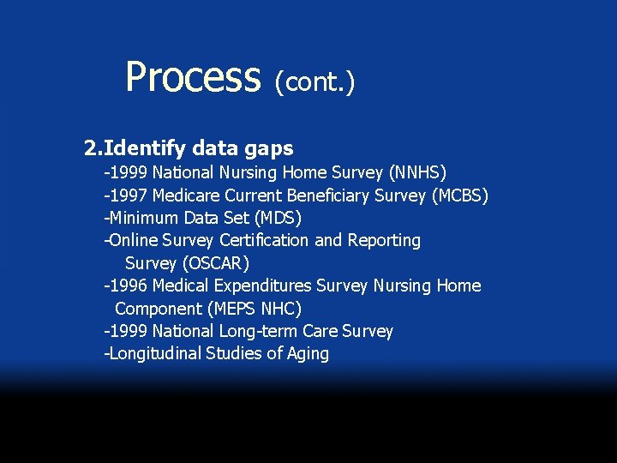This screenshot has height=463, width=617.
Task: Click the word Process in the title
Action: (192, 77)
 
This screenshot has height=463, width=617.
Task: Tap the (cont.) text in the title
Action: (314, 81)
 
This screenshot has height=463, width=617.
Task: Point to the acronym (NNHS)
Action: (417, 173)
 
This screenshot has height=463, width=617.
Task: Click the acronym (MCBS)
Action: (459, 196)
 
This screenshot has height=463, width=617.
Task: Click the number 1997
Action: (128, 196)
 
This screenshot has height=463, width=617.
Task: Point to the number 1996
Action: (128, 286)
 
